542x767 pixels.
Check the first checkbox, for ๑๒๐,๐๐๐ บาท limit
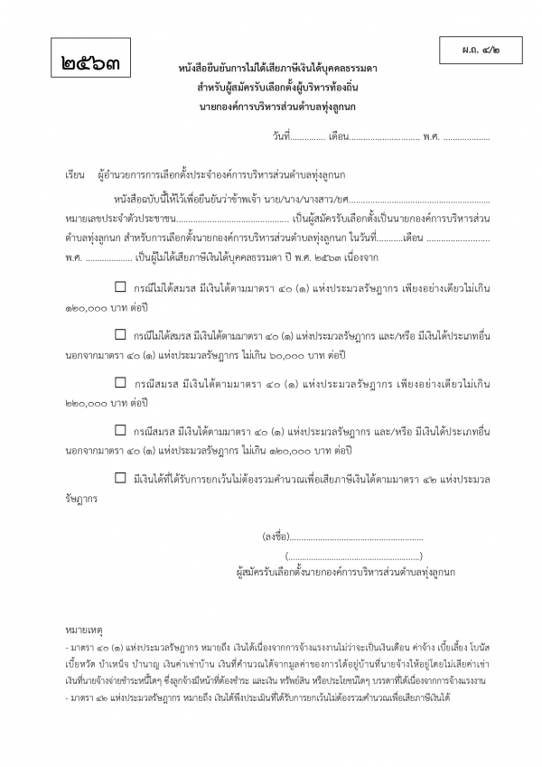[x=120, y=288]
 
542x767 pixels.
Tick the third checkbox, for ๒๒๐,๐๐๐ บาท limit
[x=120, y=383]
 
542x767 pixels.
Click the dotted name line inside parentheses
[x=353, y=556]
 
